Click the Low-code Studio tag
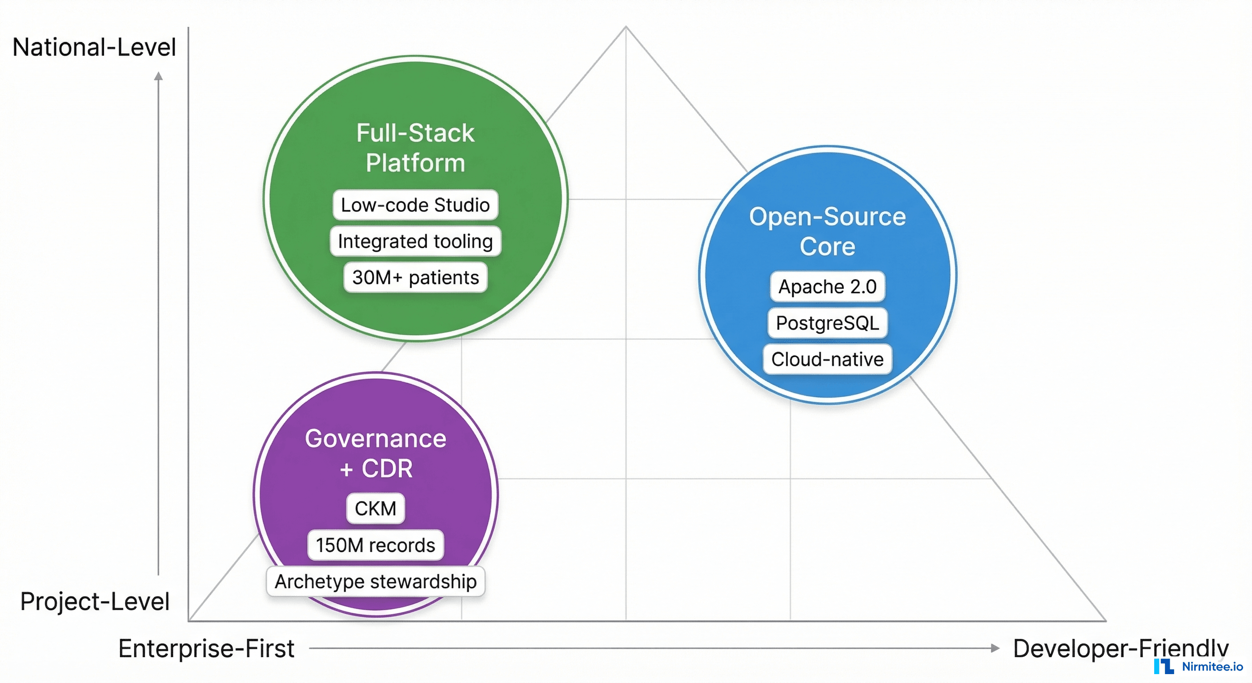click(x=415, y=205)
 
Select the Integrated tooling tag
click(x=415, y=241)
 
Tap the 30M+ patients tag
click(x=415, y=277)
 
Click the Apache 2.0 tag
click(x=827, y=286)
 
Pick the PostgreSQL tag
click(x=827, y=323)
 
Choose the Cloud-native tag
click(x=827, y=359)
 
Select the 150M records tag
click(x=375, y=545)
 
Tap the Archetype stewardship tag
click(x=375, y=582)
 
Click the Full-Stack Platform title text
click(x=415, y=147)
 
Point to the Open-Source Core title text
click(x=827, y=231)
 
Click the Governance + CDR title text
click(x=375, y=453)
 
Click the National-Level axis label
click(x=94, y=47)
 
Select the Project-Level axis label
click(x=95, y=601)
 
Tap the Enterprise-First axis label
click(x=206, y=648)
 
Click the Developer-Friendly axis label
click(x=1120, y=648)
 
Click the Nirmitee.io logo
click(x=1198, y=667)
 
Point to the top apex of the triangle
click(x=626, y=27)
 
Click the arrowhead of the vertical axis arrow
click(x=158, y=76)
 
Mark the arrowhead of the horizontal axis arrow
click(x=995, y=648)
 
